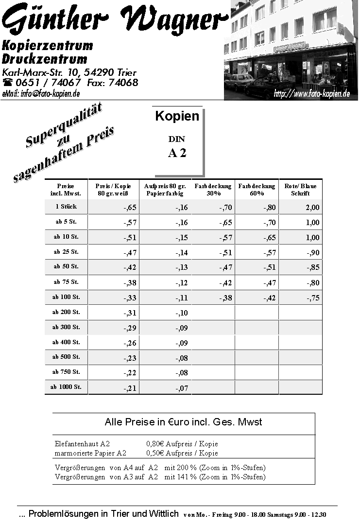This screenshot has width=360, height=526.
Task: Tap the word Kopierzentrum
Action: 47,46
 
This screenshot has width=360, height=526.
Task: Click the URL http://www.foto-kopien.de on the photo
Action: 311,93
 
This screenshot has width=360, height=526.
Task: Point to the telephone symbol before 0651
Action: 8,83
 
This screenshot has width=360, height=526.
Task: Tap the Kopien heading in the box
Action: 177,116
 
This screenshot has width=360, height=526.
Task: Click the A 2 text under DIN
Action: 177,153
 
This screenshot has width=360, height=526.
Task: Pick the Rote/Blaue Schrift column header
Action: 300,190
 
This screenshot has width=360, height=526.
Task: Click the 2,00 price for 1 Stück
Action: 312,208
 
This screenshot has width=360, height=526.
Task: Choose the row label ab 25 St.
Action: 66,252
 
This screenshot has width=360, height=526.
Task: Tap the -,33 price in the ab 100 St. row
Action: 130,298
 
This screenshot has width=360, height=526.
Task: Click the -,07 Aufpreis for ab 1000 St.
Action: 181,388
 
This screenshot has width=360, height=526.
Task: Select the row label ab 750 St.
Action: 66,372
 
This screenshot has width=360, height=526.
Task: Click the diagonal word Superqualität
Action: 64,126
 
